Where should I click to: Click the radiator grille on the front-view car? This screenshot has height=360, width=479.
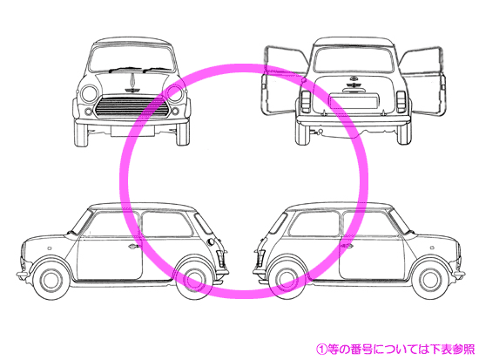132,107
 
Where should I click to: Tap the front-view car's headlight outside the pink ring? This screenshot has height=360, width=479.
90,93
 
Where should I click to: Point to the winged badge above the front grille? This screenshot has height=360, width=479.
132,90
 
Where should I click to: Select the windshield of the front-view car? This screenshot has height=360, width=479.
132,58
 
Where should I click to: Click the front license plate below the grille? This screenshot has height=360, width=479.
132,131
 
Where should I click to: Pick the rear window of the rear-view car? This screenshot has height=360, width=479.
354,59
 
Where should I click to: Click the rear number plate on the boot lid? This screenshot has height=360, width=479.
354,101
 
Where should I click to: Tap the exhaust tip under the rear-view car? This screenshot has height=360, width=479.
320,132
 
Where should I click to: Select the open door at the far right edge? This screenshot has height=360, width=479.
423,81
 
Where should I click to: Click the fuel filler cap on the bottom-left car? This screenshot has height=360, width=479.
211,242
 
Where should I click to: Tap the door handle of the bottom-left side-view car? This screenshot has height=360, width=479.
133,246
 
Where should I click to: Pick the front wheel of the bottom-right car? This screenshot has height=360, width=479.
432,280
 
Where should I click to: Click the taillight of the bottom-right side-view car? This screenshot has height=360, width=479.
260,259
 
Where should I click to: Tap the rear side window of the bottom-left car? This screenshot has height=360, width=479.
167,224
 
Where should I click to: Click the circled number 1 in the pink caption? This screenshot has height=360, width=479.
321,349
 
